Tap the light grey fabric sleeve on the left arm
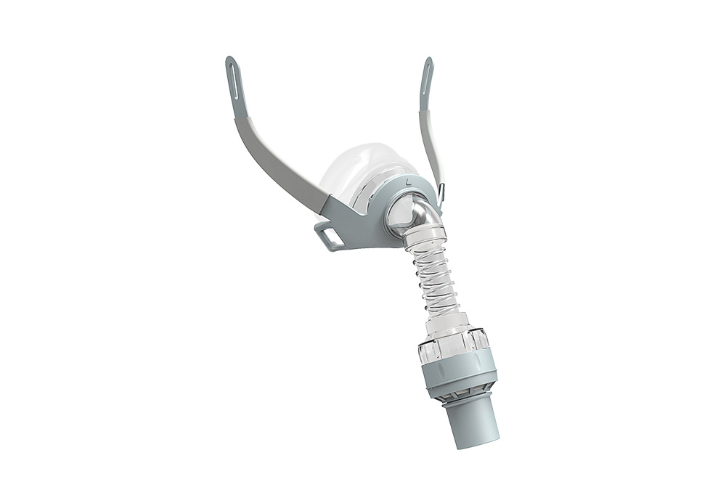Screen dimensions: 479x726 click(x=280, y=159)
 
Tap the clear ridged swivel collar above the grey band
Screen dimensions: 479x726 click(x=458, y=345)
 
